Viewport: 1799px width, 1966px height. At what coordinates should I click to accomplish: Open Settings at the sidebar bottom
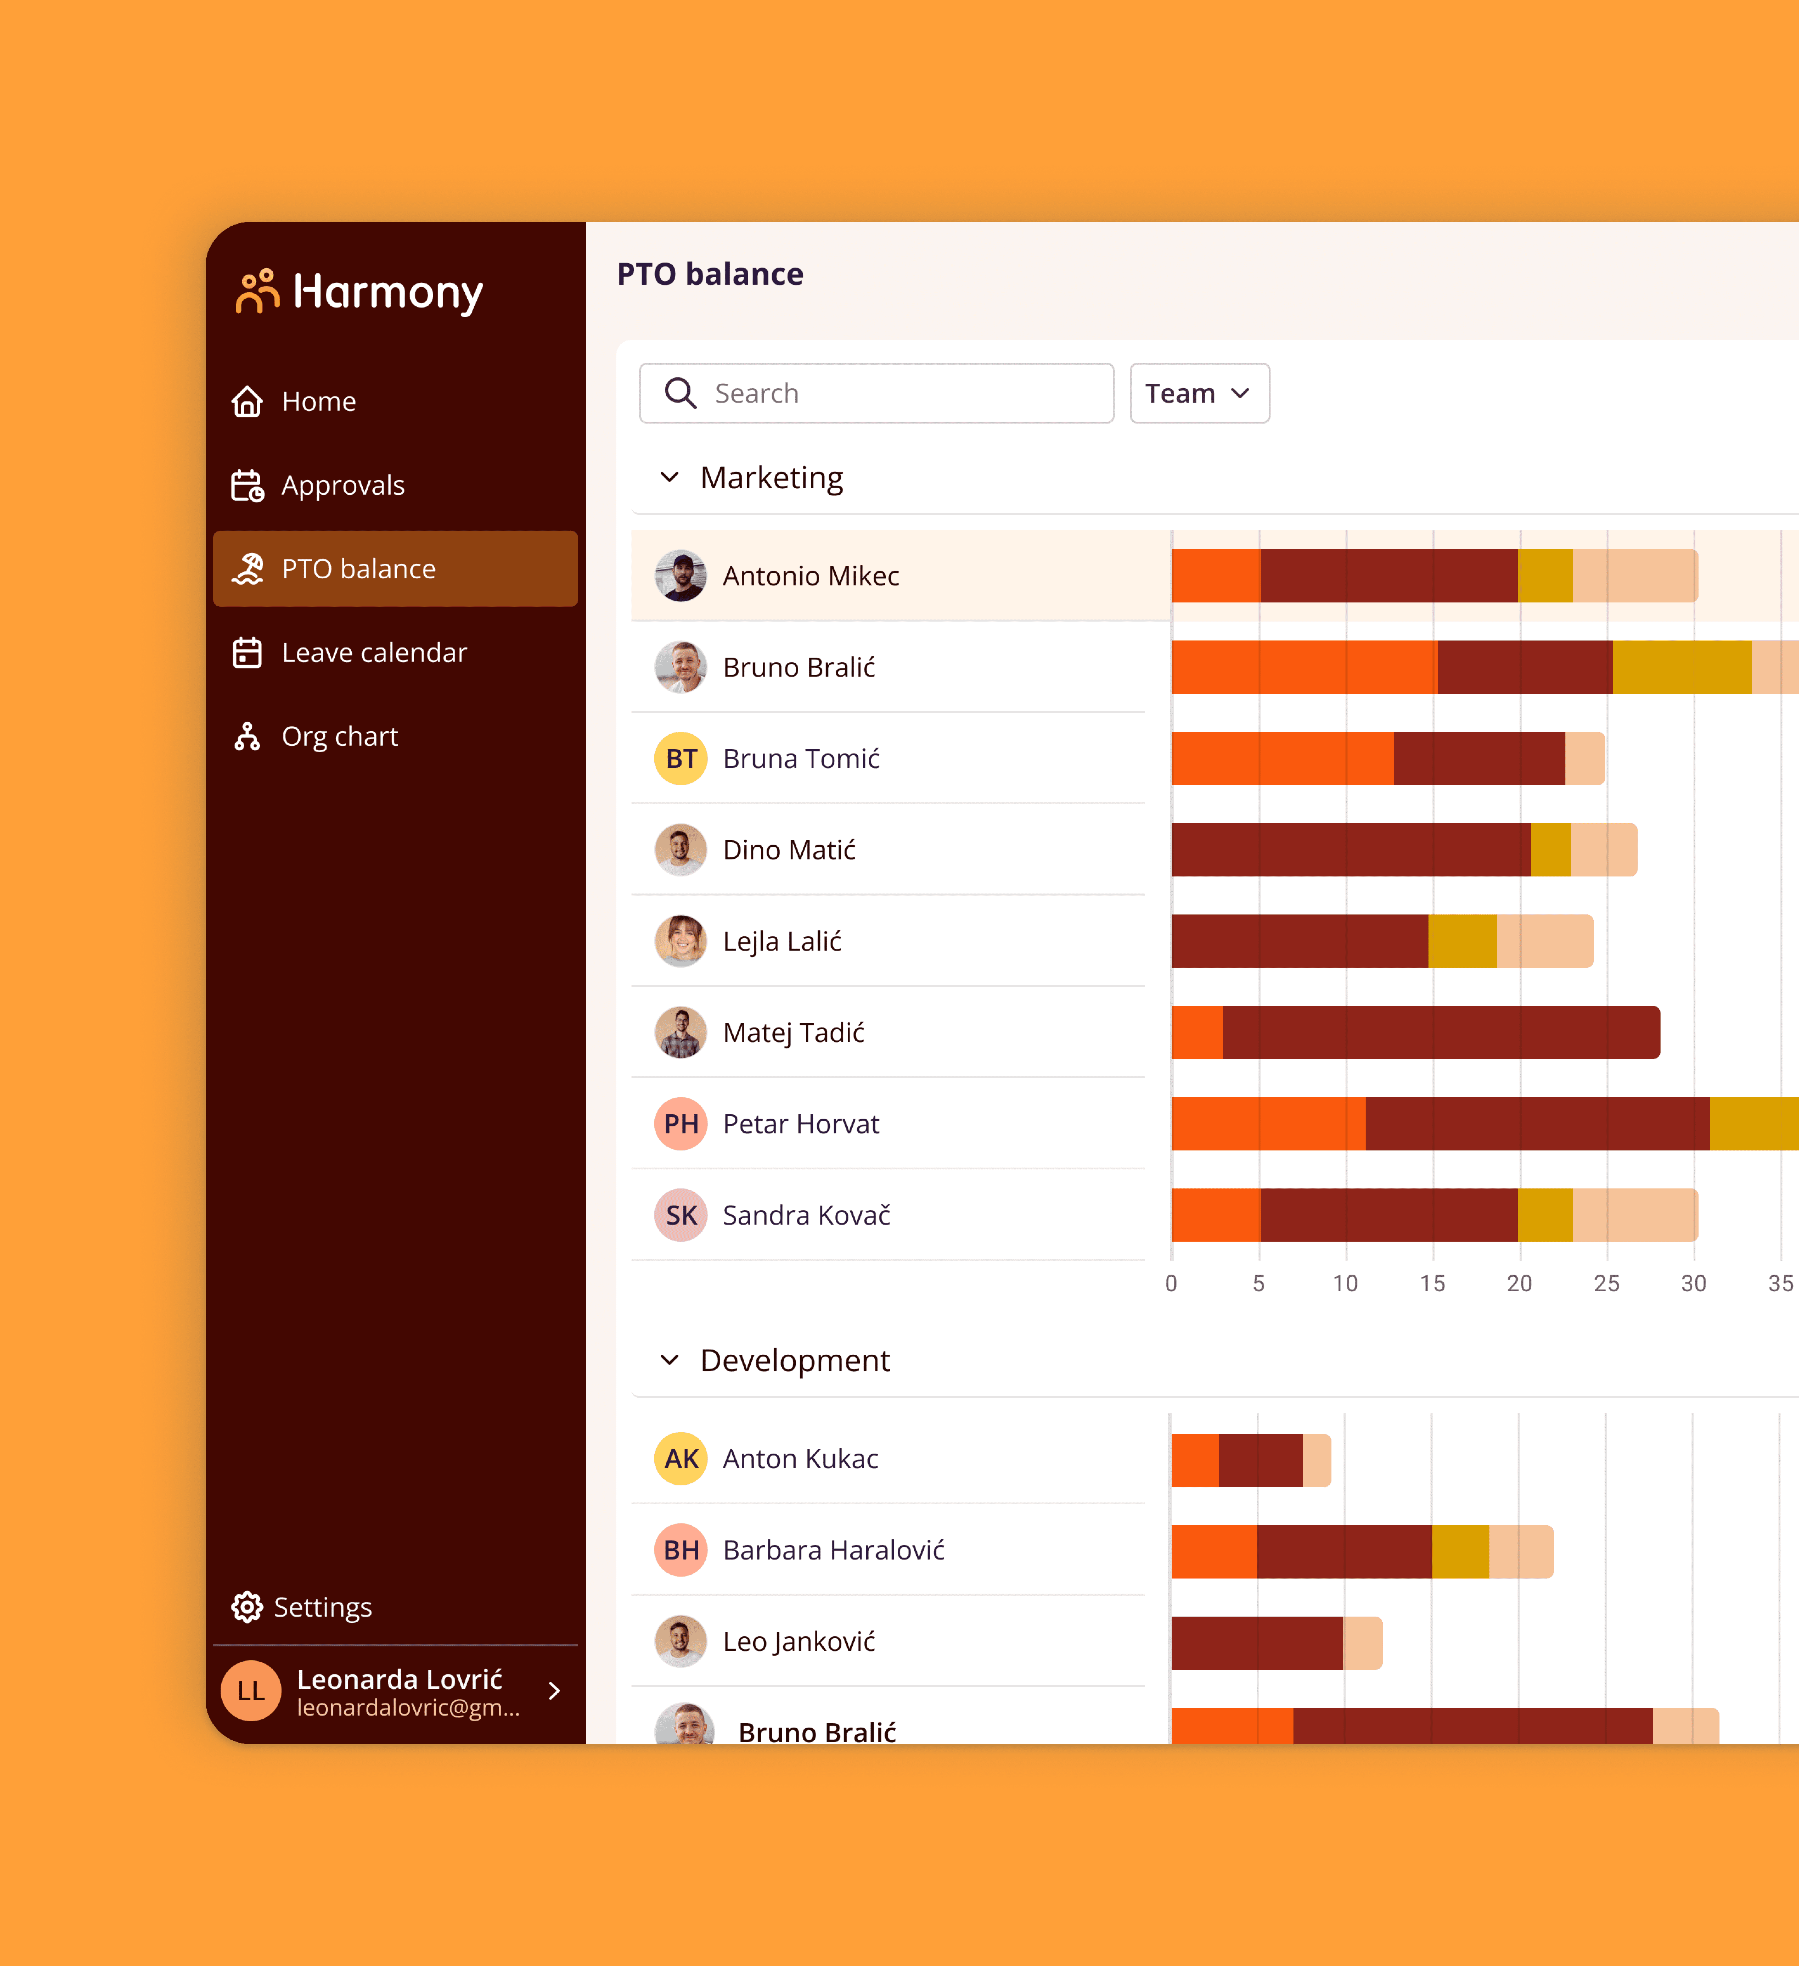(322, 1607)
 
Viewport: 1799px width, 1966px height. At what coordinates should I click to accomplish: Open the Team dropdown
(1198, 393)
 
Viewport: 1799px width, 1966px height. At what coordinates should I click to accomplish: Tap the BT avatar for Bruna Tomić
(681, 759)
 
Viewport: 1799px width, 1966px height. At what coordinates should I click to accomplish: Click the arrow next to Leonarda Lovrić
(554, 1691)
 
